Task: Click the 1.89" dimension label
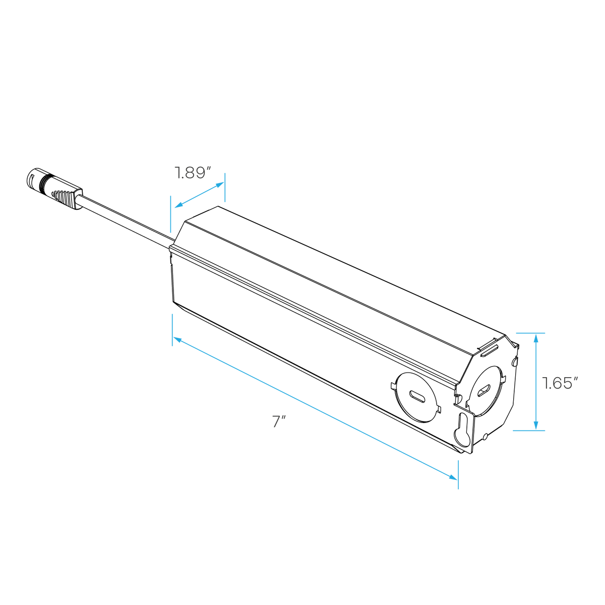[193, 173]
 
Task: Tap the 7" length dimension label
[279, 421]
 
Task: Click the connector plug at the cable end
[54, 189]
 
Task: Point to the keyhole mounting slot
[463, 430]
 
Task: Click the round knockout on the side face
[416, 397]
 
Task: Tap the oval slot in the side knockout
[417, 397]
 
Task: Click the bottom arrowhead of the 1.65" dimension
[536, 425]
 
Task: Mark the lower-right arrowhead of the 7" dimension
[453, 477]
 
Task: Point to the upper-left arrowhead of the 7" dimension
[177, 340]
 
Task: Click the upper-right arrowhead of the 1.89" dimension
[220, 185]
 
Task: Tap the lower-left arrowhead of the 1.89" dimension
[179, 205]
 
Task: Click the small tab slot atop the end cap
[490, 351]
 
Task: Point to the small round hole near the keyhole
[485, 437]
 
